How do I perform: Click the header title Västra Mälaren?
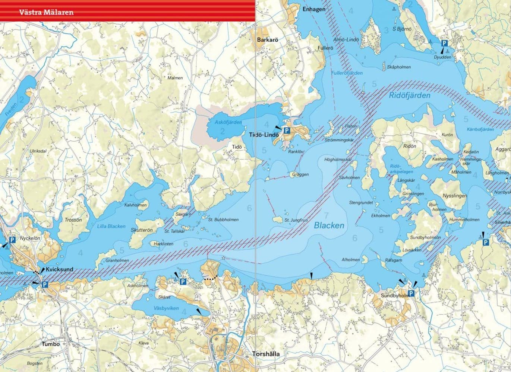click(47, 12)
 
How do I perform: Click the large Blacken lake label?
click(329, 225)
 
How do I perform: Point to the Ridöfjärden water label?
click(409, 95)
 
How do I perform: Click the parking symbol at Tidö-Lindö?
click(287, 131)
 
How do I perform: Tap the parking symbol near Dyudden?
click(444, 44)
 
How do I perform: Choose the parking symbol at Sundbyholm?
click(411, 294)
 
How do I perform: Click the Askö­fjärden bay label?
click(228, 122)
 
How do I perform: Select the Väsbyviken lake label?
click(166, 308)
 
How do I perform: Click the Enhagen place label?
click(314, 9)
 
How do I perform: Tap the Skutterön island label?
click(142, 230)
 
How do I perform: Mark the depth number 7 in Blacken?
click(326, 215)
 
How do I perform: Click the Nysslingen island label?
click(454, 196)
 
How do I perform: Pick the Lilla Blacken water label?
click(111, 226)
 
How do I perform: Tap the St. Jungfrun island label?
click(296, 220)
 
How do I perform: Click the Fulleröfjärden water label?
click(347, 73)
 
